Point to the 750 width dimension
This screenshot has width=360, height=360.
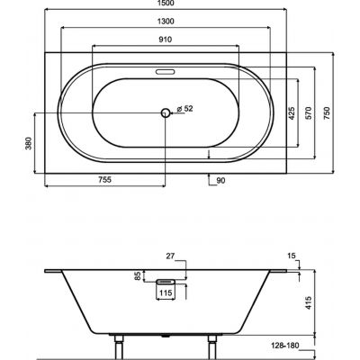(x=329, y=112)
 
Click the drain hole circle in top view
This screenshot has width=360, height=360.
(x=165, y=112)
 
